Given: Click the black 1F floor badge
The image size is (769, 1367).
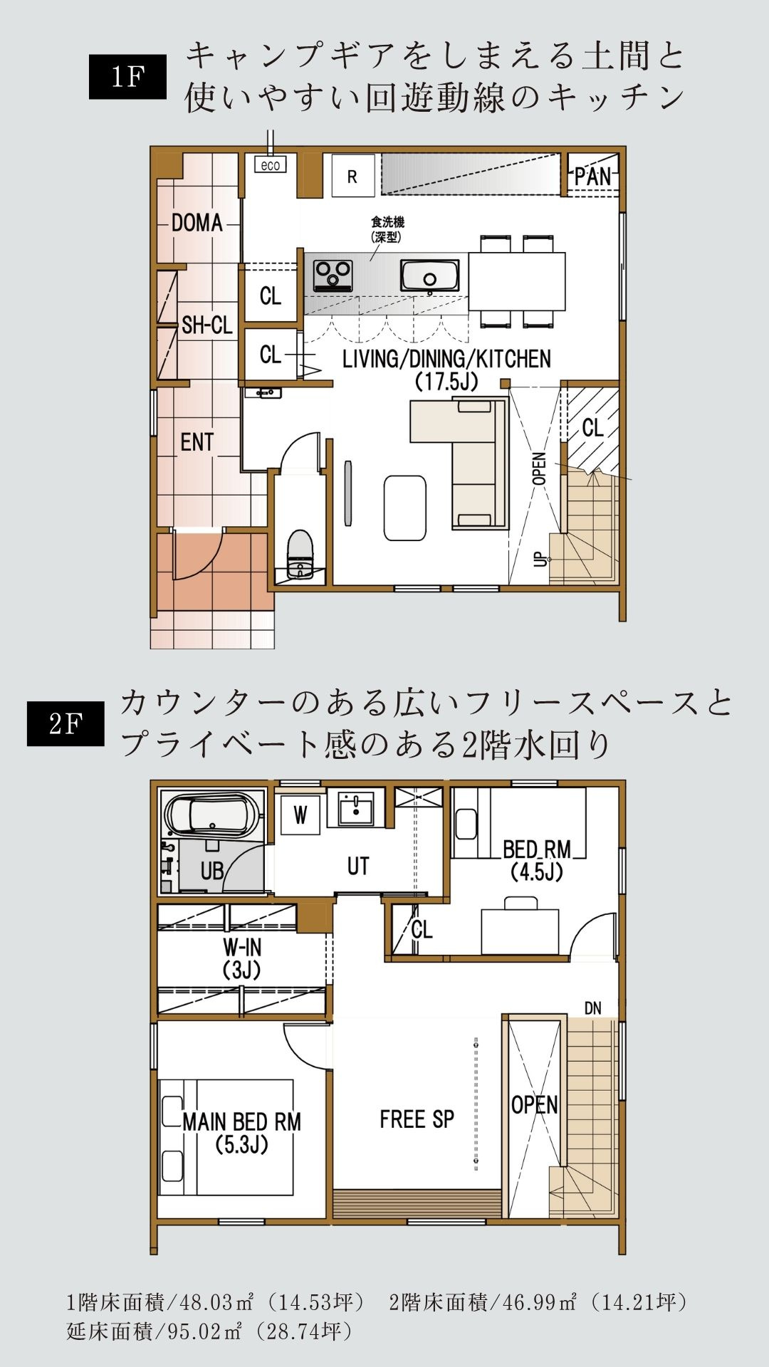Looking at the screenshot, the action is (127, 77).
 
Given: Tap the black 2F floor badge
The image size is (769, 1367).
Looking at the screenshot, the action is (66, 724).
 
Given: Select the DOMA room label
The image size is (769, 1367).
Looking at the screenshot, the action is (197, 223).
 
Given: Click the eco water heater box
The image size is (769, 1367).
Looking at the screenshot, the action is (270, 165).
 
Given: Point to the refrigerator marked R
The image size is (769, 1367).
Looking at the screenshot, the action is (352, 175).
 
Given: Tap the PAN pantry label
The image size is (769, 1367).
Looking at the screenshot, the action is (593, 176).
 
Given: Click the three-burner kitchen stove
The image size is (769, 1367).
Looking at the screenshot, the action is (333, 273).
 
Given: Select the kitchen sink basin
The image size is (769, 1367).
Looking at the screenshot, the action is (430, 275).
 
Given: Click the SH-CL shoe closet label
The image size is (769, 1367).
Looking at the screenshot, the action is (206, 325).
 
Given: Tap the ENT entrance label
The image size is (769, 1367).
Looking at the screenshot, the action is (197, 442).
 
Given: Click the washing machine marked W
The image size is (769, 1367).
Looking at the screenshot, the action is (300, 815).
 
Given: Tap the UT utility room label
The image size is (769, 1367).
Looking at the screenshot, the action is (358, 866).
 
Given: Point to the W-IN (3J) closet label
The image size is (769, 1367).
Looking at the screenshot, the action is (243, 958).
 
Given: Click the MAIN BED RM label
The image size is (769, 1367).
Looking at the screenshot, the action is (242, 1122).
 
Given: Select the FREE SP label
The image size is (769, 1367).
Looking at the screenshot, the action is (417, 1119).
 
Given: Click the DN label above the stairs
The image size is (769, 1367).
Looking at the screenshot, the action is (593, 1008).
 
